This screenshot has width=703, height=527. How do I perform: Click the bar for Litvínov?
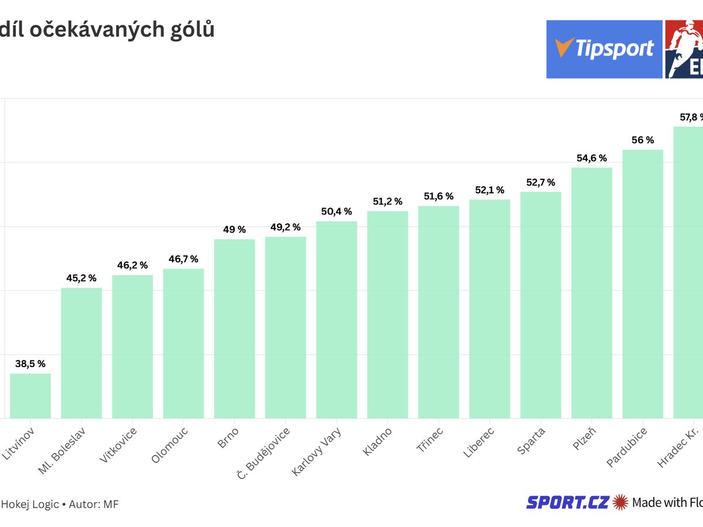click(x=30, y=396)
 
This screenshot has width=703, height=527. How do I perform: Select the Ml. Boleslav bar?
click(x=81, y=353)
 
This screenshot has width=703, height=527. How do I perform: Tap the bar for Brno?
click(x=234, y=328)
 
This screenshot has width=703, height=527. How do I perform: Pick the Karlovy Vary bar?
click(x=336, y=319)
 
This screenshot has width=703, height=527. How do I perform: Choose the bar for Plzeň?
click(x=592, y=293)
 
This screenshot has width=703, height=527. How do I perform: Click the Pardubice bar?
click(x=643, y=284)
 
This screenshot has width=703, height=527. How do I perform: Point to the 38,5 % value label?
click(x=30, y=364)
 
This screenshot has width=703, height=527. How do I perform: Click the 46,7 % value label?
click(x=183, y=259)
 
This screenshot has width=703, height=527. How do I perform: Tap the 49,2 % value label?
click(x=285, y=227)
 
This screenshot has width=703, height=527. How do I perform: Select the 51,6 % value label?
click(x=438, y=196)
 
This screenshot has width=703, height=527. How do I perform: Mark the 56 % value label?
click(x=643, y=140)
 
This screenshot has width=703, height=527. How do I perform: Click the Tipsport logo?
click(x=604, y=49)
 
